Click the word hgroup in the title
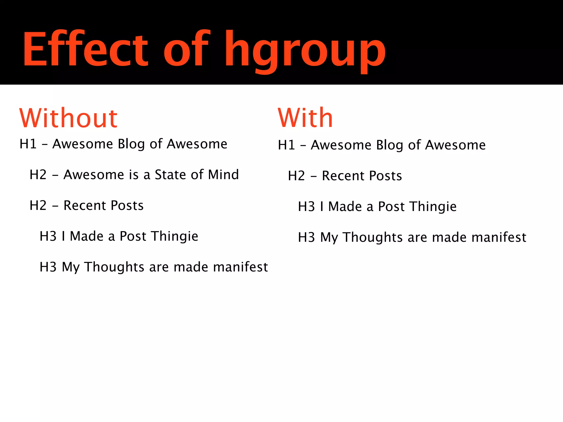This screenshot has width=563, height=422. (x=305, y=51)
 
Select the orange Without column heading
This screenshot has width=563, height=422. (x=68, y=118)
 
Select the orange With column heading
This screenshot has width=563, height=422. (x=305, y=118)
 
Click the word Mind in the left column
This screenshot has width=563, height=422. (x=223, y=175)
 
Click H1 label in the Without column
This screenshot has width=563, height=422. (x=28, y=144)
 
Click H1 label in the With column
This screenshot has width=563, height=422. (x=286, y=145)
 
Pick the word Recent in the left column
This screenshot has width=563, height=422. (x=85, y=206)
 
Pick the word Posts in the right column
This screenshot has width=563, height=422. (x=385, y=176)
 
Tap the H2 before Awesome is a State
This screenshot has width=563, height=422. (x=38, y=175)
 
